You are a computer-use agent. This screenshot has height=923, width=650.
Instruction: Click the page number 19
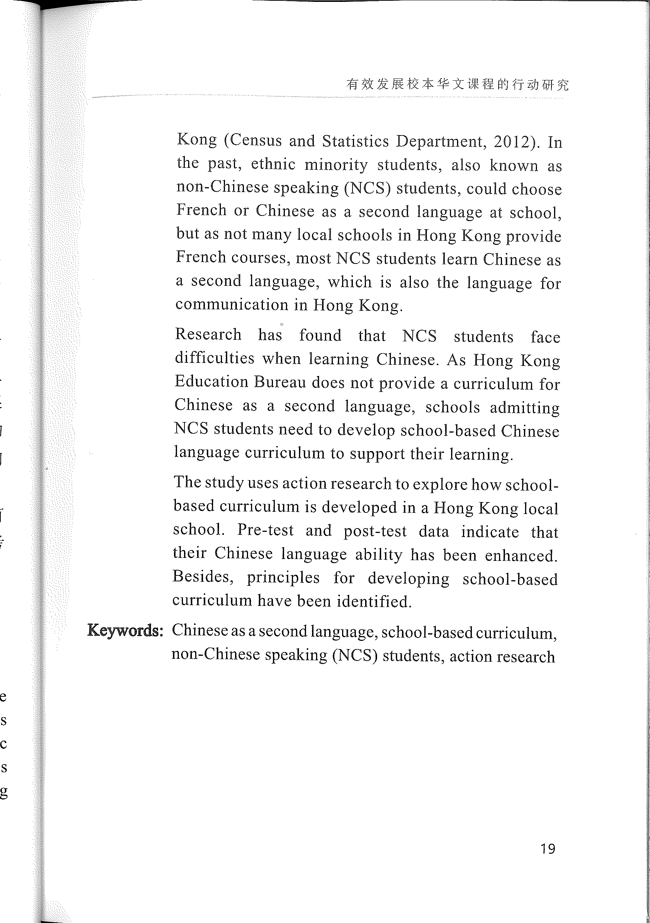point(548,849)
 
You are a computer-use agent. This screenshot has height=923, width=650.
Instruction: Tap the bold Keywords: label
point(125,630)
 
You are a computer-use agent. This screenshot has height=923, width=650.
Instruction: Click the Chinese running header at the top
point(457,84)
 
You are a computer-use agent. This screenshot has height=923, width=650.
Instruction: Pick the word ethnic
point(273,164)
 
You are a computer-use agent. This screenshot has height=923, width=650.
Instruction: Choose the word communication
point(232,304)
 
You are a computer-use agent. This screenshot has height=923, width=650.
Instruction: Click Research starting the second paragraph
point(208,334)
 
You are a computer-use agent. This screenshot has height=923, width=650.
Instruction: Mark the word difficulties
point(215,357)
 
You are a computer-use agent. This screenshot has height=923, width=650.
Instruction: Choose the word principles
point(283,578)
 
